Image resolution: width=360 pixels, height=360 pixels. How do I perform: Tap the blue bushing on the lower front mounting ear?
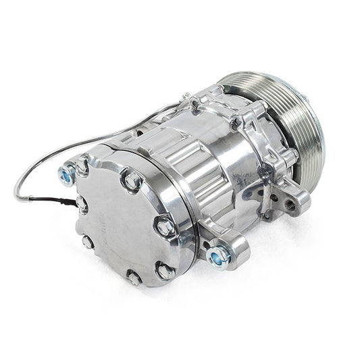tap(217, 255)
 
